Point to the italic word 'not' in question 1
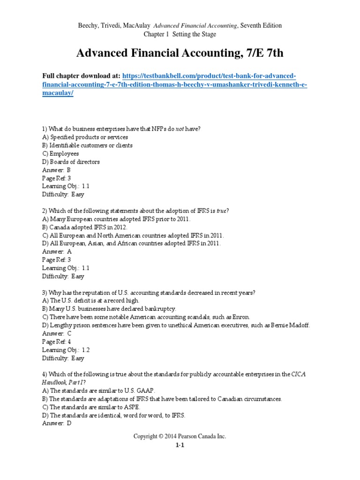click(180, 129)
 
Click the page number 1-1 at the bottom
click(180, 446)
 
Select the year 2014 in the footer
click(169, 436)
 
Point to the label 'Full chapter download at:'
click(82, 76)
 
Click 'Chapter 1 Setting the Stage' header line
click(180, 34)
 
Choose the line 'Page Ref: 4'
click(57, 342)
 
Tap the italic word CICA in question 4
click(300, 374)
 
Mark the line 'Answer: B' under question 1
click(56, 170)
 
